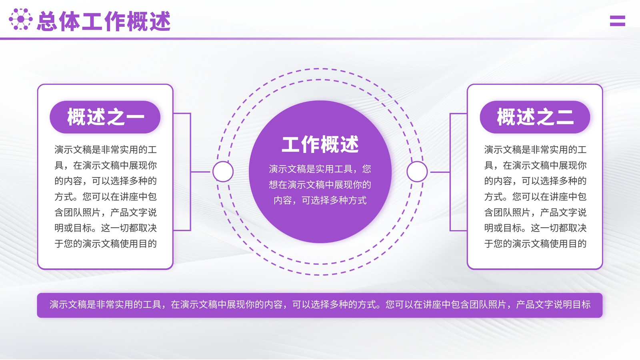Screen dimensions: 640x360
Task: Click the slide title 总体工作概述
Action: pyautogui.click(x=104, y=21)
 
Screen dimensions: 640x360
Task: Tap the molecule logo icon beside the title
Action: pyautogui.click(x=20, y=19)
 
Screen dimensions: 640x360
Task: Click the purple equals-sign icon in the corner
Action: pyautogui.click(x=618, y=20)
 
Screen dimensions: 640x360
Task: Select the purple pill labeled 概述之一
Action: pyautogui.click(x=105, y=117)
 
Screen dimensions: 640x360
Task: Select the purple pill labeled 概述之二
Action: pyautogui.click(x=535, y=117)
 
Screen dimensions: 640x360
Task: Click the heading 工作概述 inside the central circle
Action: pyautogui.click(x=320, y=144)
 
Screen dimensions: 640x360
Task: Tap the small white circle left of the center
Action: pyautogui.click(x=223, y=172)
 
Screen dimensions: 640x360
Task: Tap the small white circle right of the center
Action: pyautogui.click(x=417, y=172)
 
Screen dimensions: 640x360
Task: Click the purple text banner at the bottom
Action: pyautogui.click(x=320, y=305)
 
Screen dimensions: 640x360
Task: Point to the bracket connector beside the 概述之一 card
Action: pyautogui.click(x=190, y=172)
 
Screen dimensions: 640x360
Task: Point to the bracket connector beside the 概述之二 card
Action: pyautogui.click(x=450, y=172)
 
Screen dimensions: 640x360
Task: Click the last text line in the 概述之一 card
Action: pyautogui.click(x=106, y=244)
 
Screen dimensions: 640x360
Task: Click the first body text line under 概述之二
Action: pyautogui.click(x=536, y=150)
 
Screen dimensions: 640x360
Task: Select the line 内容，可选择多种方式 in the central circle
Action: pyautogui.click(x=320, y=200)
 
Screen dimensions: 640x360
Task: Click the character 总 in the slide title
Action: pyautogui.click(x=47, y=21)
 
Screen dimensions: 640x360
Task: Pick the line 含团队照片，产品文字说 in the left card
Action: pyautogui.click(x=106, y=212)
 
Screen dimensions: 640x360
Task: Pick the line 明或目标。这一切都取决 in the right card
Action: pyautogui.click(x=536, y=228)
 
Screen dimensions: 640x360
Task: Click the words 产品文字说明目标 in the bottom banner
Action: pyautogui.click(x=553, y=305)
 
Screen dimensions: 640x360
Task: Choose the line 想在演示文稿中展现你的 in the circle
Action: pyautogui.click(x=320, y=185)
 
